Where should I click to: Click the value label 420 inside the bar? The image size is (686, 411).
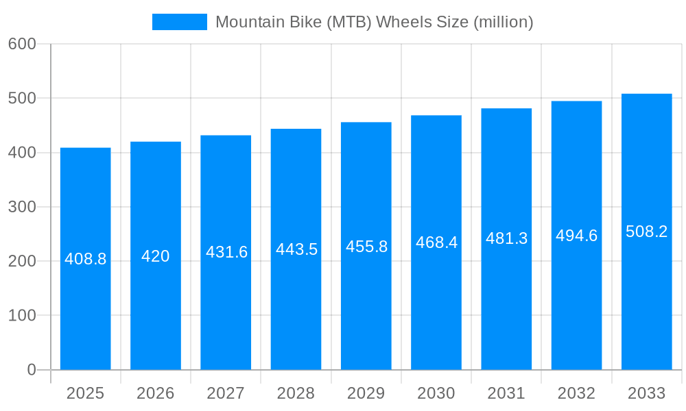156,256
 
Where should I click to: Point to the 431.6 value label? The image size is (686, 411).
226,252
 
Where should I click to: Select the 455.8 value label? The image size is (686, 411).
366,247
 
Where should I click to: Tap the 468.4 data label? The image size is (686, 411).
436,242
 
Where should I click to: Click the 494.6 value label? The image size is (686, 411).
576,236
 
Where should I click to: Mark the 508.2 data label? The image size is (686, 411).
646,232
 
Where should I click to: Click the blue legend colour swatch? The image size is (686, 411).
179,22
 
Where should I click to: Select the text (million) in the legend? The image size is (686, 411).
504,22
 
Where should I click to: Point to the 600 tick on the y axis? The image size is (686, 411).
22,44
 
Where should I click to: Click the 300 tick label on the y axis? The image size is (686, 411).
22,207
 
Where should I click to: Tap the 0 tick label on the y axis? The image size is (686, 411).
32,370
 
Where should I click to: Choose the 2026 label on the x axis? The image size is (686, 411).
156,393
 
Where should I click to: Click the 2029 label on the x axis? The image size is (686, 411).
366,393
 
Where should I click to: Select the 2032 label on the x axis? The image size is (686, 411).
576,393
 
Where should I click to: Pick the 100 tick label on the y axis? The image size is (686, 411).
22,316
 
